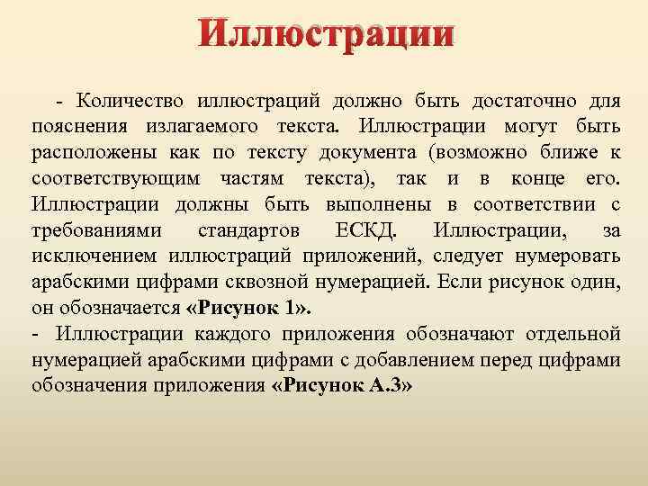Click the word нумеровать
coord(564,256)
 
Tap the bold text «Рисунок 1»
coord(248,307)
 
